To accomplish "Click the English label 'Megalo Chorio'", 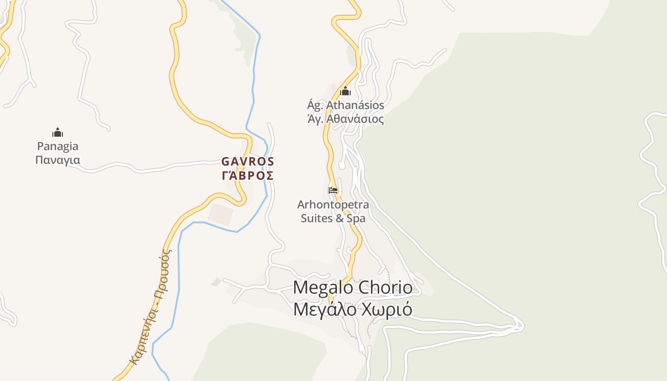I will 353,288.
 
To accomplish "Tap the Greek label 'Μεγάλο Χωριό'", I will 353,310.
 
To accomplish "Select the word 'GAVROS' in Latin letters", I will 248,161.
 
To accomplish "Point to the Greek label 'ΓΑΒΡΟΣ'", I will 248,176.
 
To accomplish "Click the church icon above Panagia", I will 58,132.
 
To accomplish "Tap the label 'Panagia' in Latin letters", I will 58,146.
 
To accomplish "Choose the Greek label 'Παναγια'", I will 58,160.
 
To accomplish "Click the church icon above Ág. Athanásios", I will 345,91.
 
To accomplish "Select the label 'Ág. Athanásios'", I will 345,105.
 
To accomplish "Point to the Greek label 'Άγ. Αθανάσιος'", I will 345,119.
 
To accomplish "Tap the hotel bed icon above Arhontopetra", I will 333,190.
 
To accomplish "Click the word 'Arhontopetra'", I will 333,205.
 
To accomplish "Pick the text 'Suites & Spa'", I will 333,219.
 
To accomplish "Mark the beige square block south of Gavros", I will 221,214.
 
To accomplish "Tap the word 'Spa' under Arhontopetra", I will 356,219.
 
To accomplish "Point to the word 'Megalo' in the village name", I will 323,288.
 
